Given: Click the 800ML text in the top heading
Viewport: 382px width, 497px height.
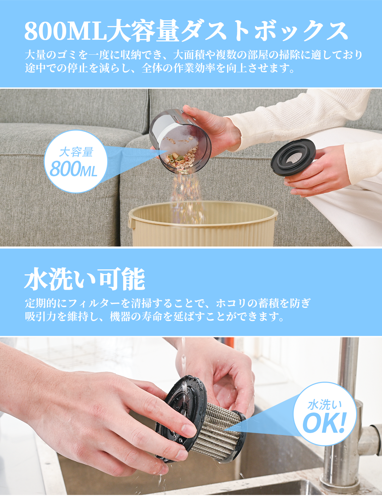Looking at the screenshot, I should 65,31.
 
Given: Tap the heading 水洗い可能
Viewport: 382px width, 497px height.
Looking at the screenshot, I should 85,280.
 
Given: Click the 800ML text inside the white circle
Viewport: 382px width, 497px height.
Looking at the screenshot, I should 73,169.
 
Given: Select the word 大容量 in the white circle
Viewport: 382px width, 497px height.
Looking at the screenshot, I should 76,152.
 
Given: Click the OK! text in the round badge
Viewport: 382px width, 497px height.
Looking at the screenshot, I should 324,423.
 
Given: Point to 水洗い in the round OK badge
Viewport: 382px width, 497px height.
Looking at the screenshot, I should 324,405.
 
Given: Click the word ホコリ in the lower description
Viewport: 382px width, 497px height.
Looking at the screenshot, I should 232,303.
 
